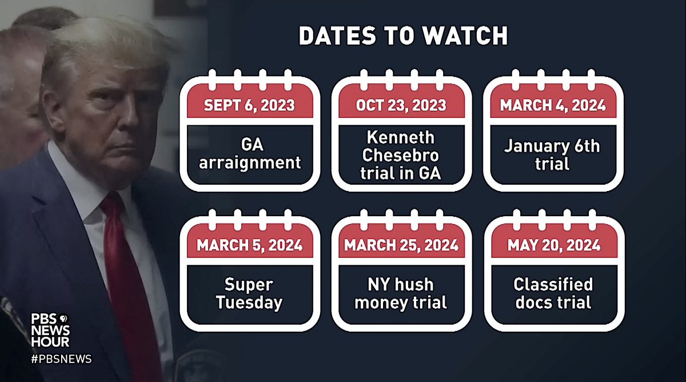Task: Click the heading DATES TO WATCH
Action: coord(403,36)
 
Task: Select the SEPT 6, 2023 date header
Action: coord(250,106)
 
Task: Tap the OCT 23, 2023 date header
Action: coord(401,106)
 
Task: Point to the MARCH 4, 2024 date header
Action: coord(553,106)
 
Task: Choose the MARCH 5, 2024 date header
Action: coord(250,246)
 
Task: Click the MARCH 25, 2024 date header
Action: coord(401,246)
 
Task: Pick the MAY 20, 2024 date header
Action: coord(553,246)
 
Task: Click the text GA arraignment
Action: coord(250,154)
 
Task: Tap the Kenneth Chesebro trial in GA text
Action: coord(401,155)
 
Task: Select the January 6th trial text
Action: coord(553,154)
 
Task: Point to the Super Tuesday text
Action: coord(250,293)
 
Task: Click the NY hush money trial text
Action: coord(401,293)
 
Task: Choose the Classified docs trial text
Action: coord(553,293)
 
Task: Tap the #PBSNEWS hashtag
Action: coord(61,359)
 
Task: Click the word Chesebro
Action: coord(401,155)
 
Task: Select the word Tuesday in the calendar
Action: coord(250,302)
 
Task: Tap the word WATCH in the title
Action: coord(465,36)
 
